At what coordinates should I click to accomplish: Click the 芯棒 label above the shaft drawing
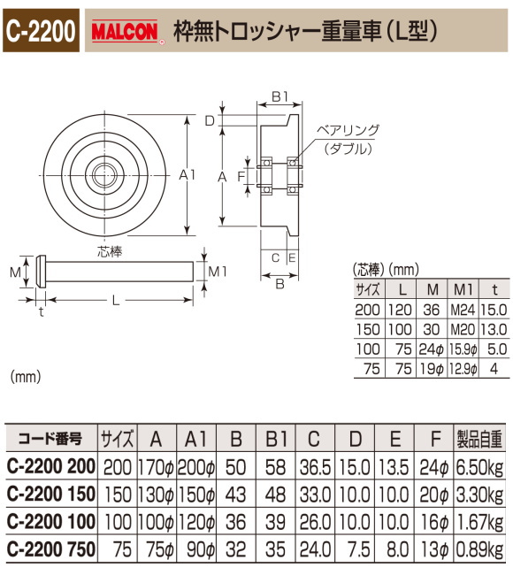[110, 250]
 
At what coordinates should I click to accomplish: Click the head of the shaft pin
[40, 271]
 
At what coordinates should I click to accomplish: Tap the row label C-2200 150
[50, 491]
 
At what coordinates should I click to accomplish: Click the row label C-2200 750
[50, 548]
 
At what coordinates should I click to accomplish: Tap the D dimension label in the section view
[210, 120]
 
